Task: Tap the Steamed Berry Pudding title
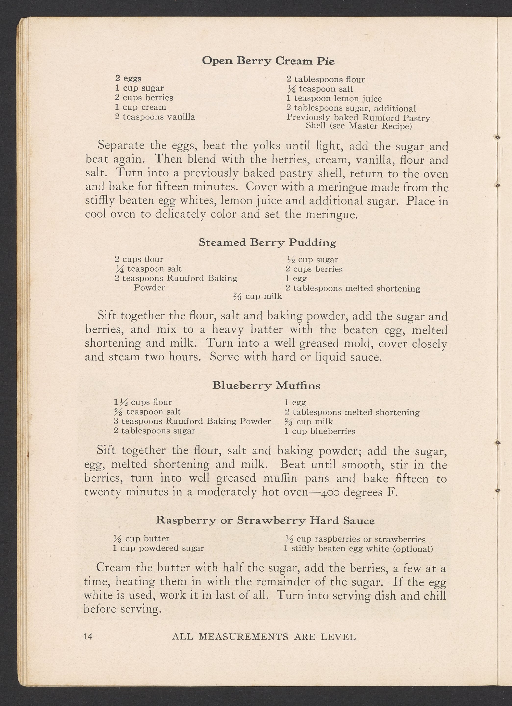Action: point(267,243)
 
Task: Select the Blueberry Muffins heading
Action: point(266,386)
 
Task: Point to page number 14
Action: point(88,637)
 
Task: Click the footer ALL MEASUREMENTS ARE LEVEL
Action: point(264,637)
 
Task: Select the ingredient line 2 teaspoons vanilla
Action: point(155,117)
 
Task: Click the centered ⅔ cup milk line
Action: point(258,296)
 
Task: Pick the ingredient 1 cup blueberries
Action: point(320,431)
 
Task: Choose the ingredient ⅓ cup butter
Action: point(141,538)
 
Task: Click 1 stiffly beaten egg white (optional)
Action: point(358,549)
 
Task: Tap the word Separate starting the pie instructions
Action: point(121,145)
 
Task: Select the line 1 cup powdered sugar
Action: point(158,548)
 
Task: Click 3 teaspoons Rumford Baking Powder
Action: point(192,421)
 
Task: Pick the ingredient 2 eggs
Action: point(128,78)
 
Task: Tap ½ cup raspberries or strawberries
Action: point(355,539)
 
